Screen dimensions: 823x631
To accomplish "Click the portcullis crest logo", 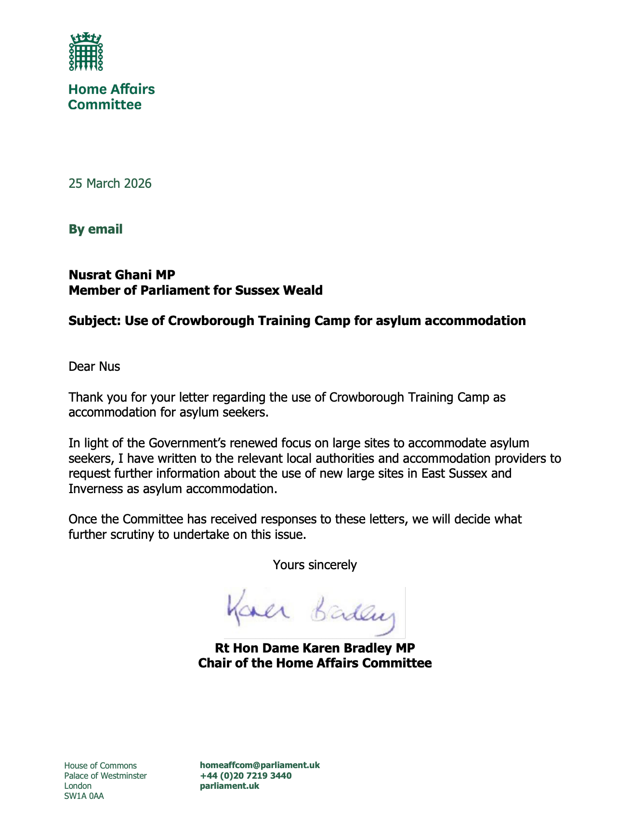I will [x=86, y=52].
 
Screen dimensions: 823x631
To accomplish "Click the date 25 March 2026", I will [x=110, y=183].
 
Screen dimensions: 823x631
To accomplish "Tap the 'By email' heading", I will [x=95, y=229].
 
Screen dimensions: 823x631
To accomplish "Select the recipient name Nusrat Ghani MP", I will [x=122, y=274].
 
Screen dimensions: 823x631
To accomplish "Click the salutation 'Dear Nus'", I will [x=94, y=366].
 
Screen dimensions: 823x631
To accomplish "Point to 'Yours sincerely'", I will [x=315, y=565].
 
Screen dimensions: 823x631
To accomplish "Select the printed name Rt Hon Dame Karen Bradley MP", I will [x=315, y=648].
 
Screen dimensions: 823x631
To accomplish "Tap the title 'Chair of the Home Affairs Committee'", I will [x=315, y=663].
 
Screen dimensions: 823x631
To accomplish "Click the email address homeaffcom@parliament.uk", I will [x=260, y=765].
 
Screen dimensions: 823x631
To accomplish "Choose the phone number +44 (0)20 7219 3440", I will [x=246, y=775].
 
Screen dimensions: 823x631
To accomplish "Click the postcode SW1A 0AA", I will [x=84, y=796].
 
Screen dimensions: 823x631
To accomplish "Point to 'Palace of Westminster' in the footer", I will [x=105, y=776].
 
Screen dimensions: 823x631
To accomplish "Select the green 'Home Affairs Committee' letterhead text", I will [x=111, y=97].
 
